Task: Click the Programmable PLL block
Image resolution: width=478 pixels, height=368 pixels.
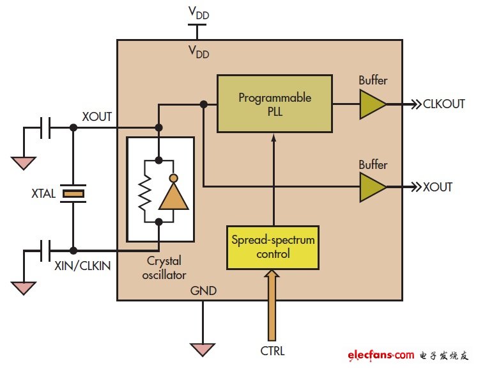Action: coord(275,104)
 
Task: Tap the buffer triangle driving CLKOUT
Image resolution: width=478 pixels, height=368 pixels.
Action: coord(371,104)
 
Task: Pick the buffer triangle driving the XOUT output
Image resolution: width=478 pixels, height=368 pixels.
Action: coord(371,187)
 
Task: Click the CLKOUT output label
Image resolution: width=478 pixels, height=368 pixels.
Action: coord(444,104)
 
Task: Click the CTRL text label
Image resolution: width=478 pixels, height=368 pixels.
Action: coord(273,351)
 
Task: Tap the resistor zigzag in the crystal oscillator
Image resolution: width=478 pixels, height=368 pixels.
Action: coord(144,191)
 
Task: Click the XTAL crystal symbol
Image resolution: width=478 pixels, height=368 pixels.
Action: coord(74,192)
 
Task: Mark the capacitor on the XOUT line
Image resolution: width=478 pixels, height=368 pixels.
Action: coord(45,128)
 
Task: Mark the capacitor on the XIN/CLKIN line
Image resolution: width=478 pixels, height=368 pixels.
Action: coord(45,251)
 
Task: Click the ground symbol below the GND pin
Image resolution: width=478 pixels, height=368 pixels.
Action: coord(203,349)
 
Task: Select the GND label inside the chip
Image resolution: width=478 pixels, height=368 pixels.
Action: coord(203,291)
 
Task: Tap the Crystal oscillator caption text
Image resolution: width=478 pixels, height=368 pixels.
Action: coord(165,268)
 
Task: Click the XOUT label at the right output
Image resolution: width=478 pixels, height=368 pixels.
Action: coord(438,188)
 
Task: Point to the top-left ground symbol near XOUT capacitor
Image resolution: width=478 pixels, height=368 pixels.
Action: coord(24,163)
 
